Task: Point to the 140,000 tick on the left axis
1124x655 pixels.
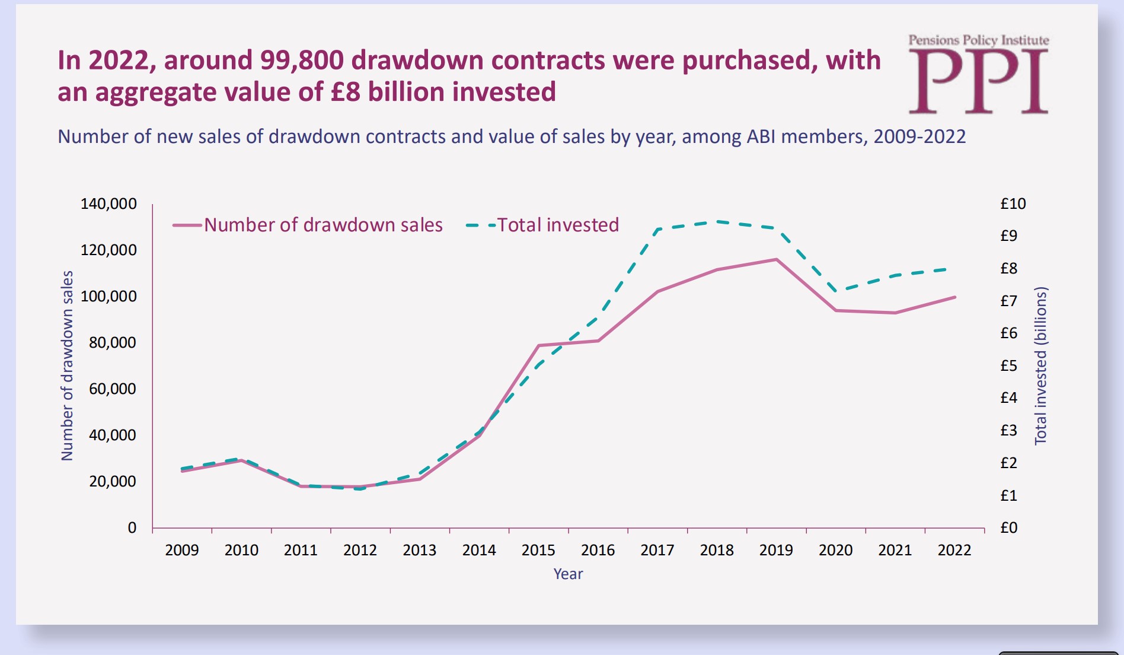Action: coord(108,204)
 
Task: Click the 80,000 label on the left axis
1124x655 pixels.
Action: coord(112,342)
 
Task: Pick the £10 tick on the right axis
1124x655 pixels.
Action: coord(1013,204)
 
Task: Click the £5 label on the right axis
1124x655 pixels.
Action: coord(1008,365)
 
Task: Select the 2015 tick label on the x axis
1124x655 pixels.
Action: coord(538,551)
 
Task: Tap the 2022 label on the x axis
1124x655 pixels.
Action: coord(954,551)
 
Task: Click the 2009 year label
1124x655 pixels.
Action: coord(182,551)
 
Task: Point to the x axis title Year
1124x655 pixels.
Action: coord(568,574)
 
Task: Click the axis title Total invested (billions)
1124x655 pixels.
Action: coord(1040,365)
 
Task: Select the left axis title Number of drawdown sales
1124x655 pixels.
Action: coord(68,365)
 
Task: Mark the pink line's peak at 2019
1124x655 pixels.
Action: coord(776,259)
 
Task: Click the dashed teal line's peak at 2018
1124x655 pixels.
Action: coord(717,222)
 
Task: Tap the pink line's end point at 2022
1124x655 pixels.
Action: coord(954,297)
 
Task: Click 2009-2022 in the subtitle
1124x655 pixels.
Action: coord(919,137)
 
